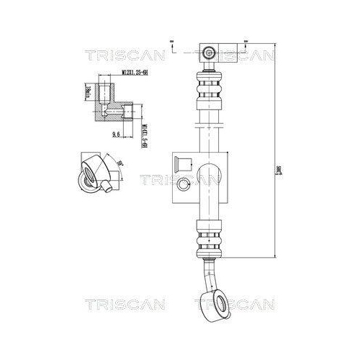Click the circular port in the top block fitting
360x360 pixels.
(x=210, y=53)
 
